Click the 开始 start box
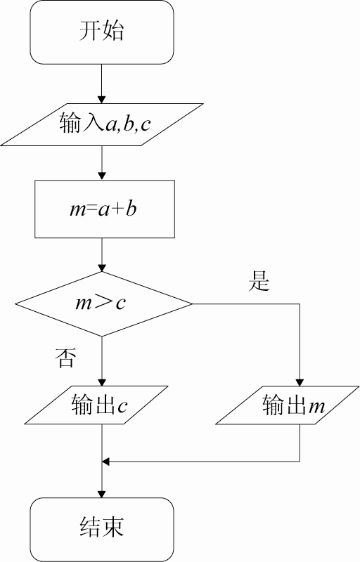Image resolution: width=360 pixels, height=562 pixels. click(x=102, y=32)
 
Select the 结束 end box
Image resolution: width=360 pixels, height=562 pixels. click(x=102, y=530)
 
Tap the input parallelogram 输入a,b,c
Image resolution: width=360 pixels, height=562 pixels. click(x=102, y=125)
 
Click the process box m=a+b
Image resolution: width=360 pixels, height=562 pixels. click(x=105, y=209)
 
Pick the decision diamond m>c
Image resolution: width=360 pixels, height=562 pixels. click(x=103, y=304)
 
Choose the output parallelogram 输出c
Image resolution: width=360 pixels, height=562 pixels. click(x=96, y=405)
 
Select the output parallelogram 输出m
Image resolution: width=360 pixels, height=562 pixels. click(x=287, y=405)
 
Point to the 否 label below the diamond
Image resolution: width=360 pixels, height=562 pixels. click(x=65, y=358)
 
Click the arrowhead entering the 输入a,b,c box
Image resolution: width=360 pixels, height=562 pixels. click(x=102, y=100)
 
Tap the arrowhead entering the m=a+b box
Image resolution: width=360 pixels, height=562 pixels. click(x=102, y=176)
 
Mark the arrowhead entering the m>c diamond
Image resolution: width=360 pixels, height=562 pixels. click(x=102, y=268)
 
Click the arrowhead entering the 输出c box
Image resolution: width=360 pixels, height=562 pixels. click(x=102, y=382)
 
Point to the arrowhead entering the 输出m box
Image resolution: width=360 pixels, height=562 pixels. click(x=300, y=382)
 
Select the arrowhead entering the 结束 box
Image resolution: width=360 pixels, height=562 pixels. click(x=102, y=494)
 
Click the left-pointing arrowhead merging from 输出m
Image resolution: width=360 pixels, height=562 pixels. click(x=105, y=462)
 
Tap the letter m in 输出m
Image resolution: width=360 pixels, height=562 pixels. click(x=315, y=407)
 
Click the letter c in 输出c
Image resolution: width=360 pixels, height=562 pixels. click(x=122, y=407)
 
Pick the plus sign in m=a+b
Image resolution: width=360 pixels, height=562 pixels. click(x=117, y=210)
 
